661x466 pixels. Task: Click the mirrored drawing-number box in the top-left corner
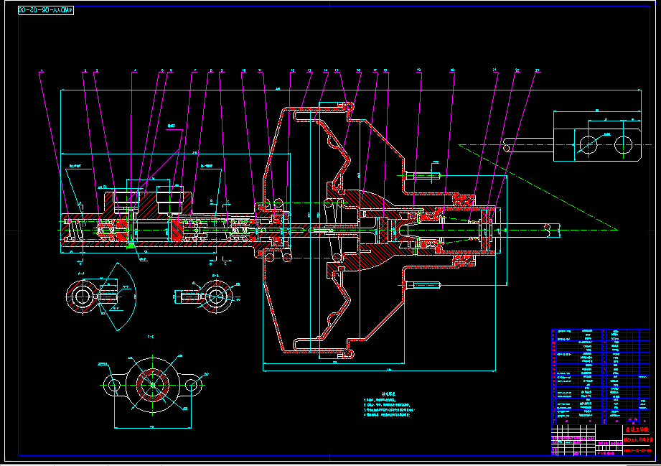[x=44, y=11]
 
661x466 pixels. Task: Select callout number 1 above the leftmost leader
[x=42, y=70]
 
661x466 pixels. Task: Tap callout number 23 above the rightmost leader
[x=537, y=70]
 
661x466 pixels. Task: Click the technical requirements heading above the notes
[x=389, y=394]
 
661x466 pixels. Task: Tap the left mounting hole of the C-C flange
[x=111, y=385]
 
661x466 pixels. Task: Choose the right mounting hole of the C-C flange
[x=192, y=385]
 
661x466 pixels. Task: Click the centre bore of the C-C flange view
[x=151, y=385]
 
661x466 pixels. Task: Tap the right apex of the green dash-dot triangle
[x=617, y=230]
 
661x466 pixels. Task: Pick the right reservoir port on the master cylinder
[x=172, y=197]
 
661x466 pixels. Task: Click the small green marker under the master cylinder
[x=131, y=245]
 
